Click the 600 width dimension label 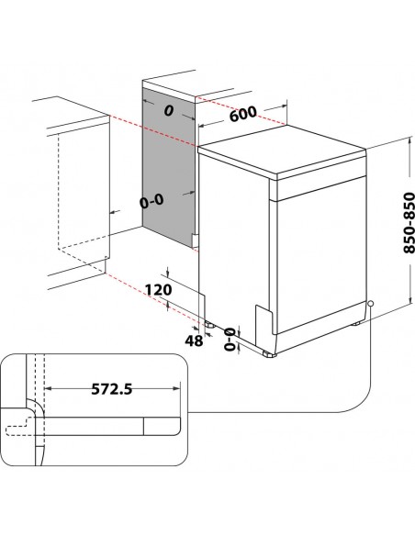point(242,115)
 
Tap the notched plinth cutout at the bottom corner point(265,317)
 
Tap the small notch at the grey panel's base point(195,240)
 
